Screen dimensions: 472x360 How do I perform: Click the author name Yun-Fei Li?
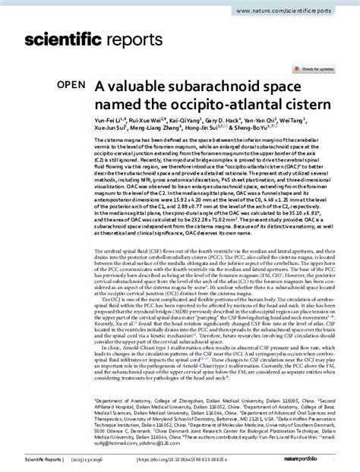(x=108, y=120)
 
